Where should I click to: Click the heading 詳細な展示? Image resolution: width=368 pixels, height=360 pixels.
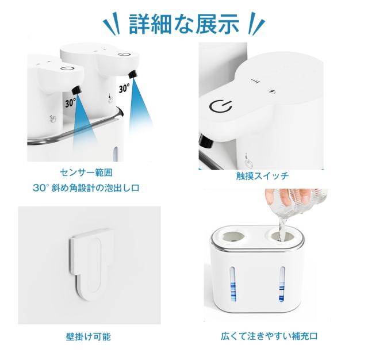pyautogui.click(x=184, y=24)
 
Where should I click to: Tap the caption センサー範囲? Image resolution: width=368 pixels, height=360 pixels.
pyautogui.click(x=86, y=173)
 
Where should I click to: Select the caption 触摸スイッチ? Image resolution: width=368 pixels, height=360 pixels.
pyautogui.click(x=262, y=176)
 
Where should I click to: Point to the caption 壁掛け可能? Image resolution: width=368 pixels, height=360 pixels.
pyautogui.click(x=88, y=337)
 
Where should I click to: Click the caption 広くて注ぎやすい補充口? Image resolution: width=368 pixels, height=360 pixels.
pyautogui.click(x=269, y=336)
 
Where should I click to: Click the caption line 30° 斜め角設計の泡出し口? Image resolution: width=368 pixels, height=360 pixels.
pyautogui.click(x=86, y=187)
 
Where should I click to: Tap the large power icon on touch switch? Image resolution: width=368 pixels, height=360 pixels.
pyautogui.click(x=220, y=106)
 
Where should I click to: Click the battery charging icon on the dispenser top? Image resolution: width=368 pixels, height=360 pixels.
pyautogui.click(x=272, y=91)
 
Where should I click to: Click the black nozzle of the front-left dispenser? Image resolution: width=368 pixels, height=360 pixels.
pyautogui.click(x=76, y=90)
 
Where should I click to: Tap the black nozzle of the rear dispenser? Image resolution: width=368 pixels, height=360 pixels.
pyautogui.click(x=133, y=74)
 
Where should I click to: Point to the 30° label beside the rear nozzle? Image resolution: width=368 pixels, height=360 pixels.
pyautogui.click(x=124, y=89)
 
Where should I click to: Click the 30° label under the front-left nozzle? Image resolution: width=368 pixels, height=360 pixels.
pyautogui.click(x=70, y=102)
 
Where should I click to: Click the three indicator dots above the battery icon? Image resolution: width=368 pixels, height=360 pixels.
pyautogui.click(x=255, y=81)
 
